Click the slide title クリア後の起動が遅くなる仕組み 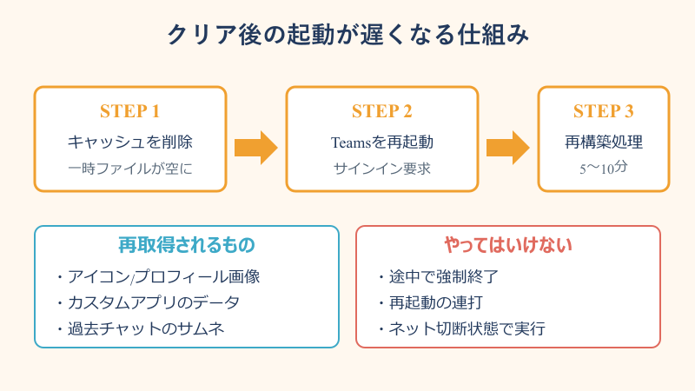pos(347,36)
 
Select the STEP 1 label pos(130,111)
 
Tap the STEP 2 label pos(382,111)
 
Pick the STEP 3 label pos(604,111)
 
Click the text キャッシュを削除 pos(130,141)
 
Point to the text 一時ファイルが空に pos(130,168)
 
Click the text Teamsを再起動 pos(382,141)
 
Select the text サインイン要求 pos(382,168)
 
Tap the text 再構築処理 pos(604,141)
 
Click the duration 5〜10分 pos(604,168)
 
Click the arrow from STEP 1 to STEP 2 pos(255,146)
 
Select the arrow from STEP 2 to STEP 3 pos(507,146)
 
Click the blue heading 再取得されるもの pos(187,246)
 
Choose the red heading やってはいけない pos(508,246)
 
